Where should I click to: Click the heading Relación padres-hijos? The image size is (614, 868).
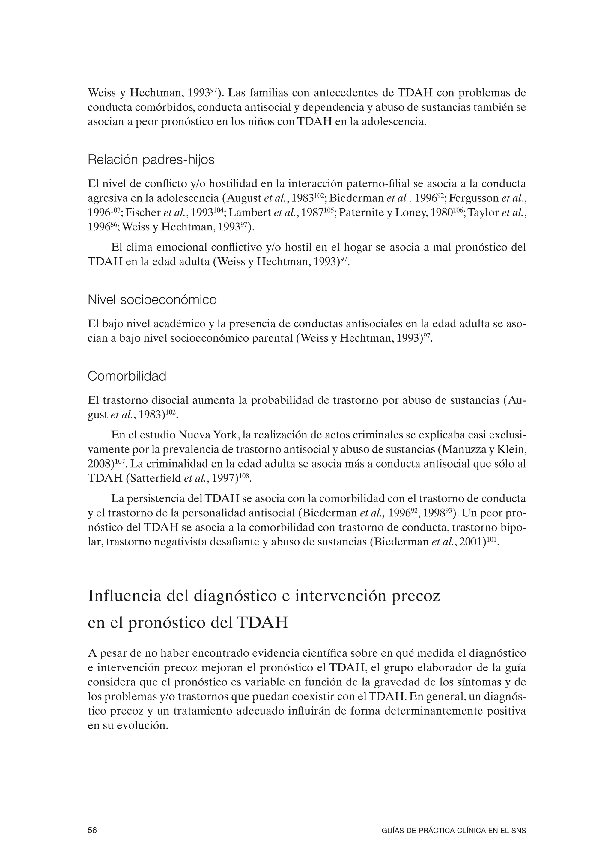(x=151, y=160)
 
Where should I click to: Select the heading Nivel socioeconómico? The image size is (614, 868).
(x=152, y=300)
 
